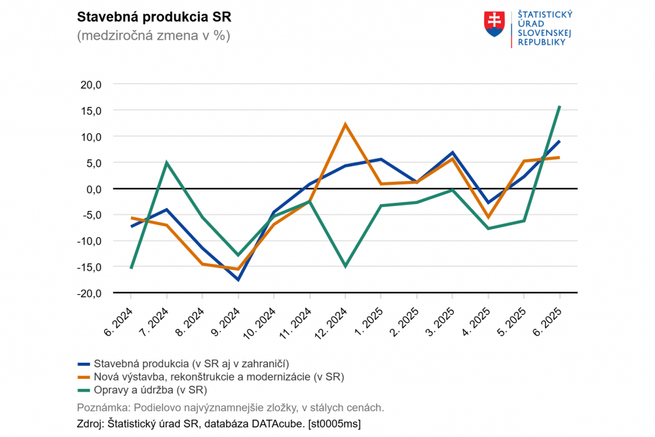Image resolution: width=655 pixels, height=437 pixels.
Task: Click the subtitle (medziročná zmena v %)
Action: click(153, 36)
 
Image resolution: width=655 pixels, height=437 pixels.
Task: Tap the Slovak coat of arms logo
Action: click(495, 24)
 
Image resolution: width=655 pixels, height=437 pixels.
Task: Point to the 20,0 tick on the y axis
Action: click(90, 84)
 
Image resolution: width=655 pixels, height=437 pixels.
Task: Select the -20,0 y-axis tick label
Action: click(89, 293)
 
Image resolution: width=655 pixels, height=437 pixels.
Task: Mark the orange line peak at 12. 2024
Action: click(345, 124)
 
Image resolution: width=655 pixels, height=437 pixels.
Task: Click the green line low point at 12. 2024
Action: click(345, 266)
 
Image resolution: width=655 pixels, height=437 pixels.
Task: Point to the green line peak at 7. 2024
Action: click(166, 163)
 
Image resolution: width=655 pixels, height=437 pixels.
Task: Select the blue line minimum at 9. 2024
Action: click(238, 280)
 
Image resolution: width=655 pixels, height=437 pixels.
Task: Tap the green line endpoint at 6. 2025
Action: click(560, 106)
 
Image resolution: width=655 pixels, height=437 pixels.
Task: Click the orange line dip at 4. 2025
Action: click(488, 218)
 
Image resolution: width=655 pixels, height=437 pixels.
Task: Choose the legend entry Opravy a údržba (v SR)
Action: click(151, 389)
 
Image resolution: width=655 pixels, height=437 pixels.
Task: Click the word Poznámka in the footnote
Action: click(102, 407)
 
